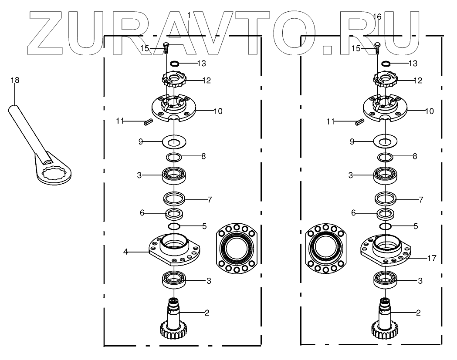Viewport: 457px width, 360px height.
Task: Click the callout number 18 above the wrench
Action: click(x=15, y=80)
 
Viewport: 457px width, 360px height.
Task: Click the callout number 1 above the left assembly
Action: click(x=189, y=15)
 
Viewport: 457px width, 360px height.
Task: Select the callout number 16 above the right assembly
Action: click(x=377, y=17)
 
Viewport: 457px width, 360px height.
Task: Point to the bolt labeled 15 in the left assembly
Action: click(x=166, y=47)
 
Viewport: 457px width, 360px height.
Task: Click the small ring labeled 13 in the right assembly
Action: click(x=385, y=64)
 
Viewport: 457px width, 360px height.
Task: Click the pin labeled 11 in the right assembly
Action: click(x=359, y=122)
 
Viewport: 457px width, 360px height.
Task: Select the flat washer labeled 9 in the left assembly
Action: click(x=174, y=141)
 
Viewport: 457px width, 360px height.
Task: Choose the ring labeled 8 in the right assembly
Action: click(x=385, y=156)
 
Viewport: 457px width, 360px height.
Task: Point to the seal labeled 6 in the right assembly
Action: click(x=386, y=214)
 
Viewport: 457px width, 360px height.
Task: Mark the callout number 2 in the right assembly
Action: click(x=418, y=313)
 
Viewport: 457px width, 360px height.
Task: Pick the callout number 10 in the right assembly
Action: click(x=429, y=111)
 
